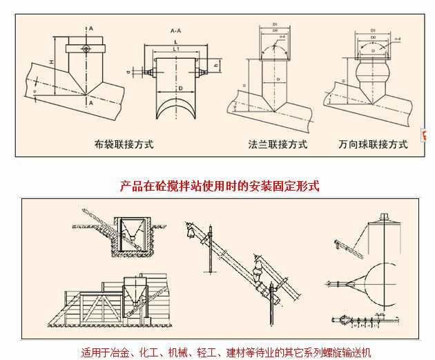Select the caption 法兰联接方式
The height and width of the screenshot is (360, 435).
tap(278, 145)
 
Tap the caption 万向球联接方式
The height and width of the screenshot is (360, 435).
tap(373, 145)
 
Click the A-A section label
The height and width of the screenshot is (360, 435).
tap(176, 32)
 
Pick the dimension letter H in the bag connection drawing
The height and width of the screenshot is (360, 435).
tap(52, 63)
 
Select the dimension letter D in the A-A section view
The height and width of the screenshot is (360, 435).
tap(180, 89)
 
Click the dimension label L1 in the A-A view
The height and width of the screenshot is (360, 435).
tap(176, 50)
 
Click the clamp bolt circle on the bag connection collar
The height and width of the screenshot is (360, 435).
tap(84, 48)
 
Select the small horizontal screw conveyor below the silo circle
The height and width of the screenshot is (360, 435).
tap(356, 319)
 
